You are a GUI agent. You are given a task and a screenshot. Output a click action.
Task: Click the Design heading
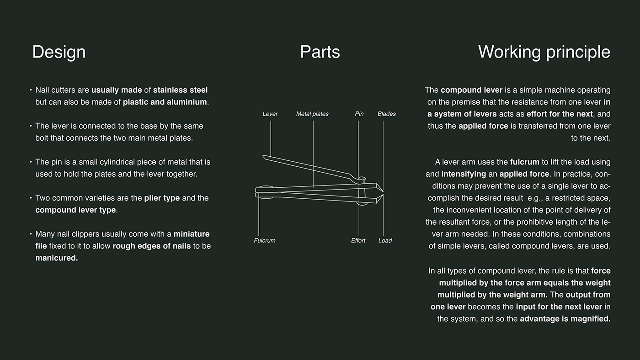click(59, 52)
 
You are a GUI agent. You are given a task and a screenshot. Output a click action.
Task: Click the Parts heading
click(320, 52)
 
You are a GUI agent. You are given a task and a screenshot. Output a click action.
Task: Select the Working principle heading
click(544, 53)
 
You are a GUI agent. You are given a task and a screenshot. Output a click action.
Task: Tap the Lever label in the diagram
click(270, 114)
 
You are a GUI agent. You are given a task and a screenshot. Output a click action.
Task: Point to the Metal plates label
click(312, 114)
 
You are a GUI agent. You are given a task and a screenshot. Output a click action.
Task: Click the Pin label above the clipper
click(359, 114)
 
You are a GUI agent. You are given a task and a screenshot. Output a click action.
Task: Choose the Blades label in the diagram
click(387, 114)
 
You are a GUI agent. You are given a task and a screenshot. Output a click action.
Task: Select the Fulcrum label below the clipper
click(265, 241)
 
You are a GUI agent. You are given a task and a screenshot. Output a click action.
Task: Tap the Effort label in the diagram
click(358, 241)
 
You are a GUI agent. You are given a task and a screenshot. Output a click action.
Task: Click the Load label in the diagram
click(385, 241)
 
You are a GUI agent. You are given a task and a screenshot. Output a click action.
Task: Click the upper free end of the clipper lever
click(263, 156)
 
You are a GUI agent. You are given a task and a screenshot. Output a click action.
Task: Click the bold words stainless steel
click(180, 90)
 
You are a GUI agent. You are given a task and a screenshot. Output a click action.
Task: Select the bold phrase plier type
click(162, 198)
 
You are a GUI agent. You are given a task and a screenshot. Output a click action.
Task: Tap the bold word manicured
click(57, 258)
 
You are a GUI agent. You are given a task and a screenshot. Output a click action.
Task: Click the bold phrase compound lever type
click(76, 210)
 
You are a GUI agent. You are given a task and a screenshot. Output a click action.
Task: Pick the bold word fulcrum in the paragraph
click(525, 162)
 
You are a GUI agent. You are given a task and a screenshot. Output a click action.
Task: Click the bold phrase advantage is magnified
click(565, 319)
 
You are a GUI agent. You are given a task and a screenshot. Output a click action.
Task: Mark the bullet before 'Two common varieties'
click(31, 197)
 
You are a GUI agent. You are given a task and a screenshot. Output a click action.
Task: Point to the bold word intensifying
click(464, 174)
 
